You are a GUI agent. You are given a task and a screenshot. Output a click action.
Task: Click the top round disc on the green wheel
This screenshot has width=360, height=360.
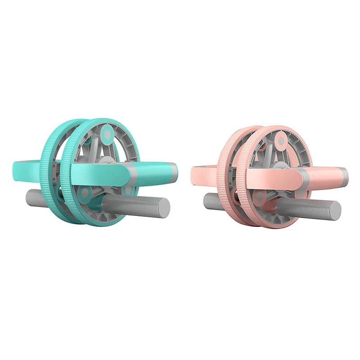[107, 134]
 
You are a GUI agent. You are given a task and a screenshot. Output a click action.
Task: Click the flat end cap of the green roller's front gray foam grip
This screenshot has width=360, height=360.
[165, 208]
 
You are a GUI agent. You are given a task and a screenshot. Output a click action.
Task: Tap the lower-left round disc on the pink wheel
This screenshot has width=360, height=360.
[259, 196]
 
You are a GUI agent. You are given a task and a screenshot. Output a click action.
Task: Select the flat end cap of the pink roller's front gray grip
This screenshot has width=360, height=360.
[336, 210]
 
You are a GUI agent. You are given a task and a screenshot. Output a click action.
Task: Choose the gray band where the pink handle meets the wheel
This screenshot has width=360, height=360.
[302, 173]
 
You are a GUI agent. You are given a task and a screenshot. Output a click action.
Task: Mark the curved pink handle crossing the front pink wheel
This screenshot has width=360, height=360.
[274, 174]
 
